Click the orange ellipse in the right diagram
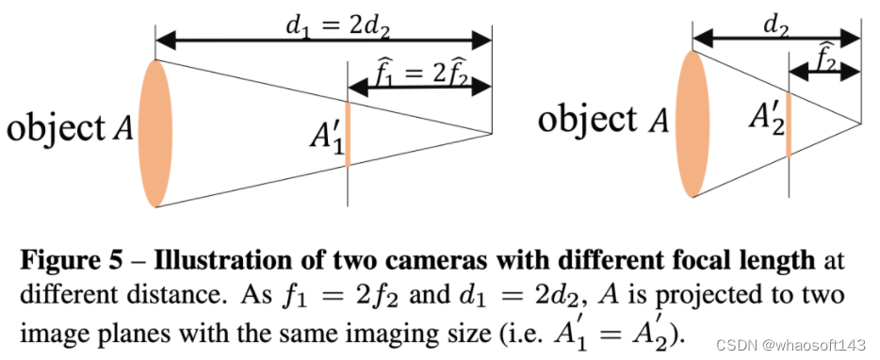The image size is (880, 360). tap(693, 123)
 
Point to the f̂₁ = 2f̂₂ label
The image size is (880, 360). tap(418, 72)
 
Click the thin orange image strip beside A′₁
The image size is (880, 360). tap(348, 134)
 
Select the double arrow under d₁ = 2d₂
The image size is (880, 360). tap(323, 41)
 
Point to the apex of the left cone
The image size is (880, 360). tap(491, 134)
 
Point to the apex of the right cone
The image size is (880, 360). tap(859, 123)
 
